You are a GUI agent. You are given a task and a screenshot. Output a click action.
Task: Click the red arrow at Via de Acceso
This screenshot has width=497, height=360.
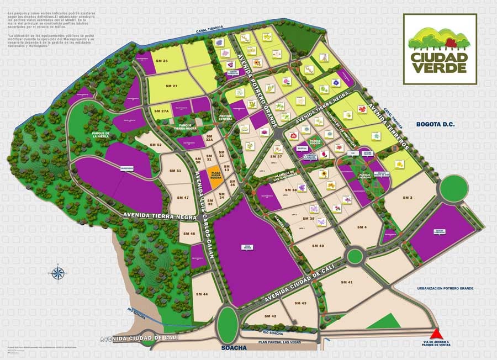click(438, 334)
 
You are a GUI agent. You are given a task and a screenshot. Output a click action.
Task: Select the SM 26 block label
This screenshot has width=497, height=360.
click(162, 61)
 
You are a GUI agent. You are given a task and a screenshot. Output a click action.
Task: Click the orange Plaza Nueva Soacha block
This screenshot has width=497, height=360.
click(215, 174)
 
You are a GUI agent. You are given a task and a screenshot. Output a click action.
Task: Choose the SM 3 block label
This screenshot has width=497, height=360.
click(408, 197)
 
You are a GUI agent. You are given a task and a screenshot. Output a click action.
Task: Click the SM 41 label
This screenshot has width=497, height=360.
click(347, 282)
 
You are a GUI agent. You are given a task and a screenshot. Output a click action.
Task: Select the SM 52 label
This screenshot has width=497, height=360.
click(155, 145)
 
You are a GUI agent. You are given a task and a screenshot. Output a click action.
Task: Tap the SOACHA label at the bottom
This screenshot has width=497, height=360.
click(232, 348)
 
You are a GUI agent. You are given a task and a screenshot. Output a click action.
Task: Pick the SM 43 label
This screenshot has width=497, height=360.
click(300, 303)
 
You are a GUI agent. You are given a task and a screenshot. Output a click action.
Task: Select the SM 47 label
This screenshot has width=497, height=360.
click(183, 197)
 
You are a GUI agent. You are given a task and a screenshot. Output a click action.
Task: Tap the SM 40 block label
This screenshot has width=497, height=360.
click(318, 246)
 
